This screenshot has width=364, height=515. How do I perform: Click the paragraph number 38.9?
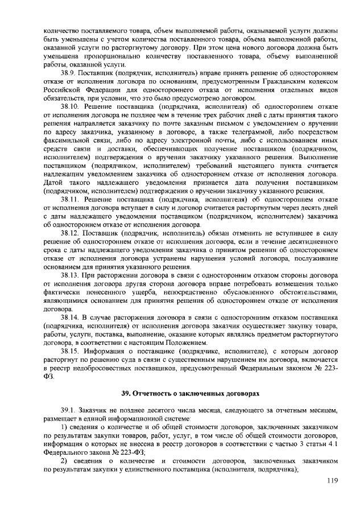pyautogui.click(x=69, y=75)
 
